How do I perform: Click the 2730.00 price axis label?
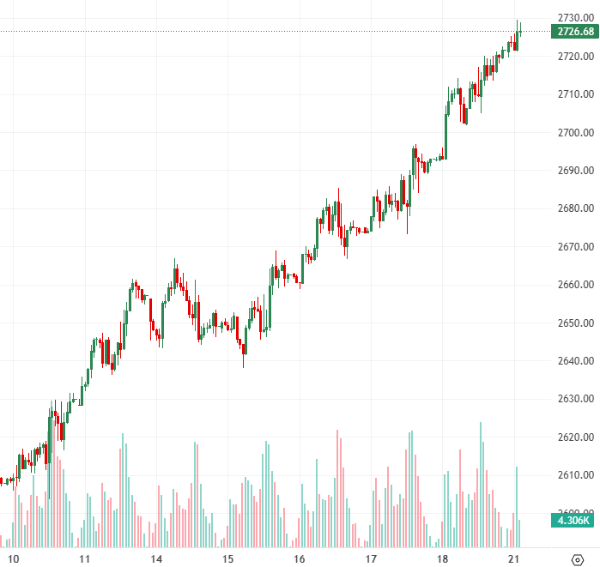click(x=571, y=18)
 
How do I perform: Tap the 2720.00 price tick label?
click(x=571, y=57)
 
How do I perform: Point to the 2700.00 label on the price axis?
click(x=571, y=132)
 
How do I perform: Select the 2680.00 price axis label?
click(x=571, y=208)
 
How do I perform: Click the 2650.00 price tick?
click(x=571, y=323)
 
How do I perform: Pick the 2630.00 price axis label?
click(x=571, y=399)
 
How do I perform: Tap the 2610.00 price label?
click(x=571, y=474)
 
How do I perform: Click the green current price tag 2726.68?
click(x=574, y=32)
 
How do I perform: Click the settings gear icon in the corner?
click(x=577, y=558)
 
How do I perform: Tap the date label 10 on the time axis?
click(x=13, y=558)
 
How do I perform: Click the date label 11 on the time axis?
click(x=84, y=558)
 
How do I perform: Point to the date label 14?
click(x=157, y=558)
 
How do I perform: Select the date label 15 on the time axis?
click(x=228, y=558)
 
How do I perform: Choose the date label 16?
click(x=300, y=558)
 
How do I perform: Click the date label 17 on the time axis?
click(x=371, y=558)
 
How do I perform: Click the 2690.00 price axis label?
click(x=571, y=171)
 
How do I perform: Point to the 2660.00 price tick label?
click(x=571, y=285)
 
